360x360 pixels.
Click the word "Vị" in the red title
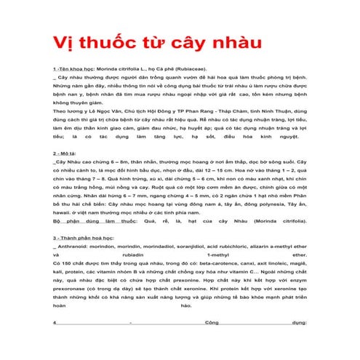tap(60, 42)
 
